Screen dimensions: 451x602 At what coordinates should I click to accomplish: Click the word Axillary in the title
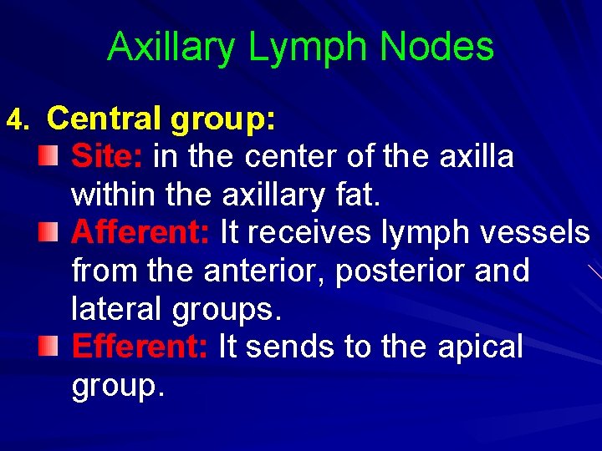click(x=172, y=48)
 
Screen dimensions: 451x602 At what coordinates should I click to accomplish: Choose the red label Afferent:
click(x=140, y=233)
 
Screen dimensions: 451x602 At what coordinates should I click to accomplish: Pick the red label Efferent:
click(x=140, y=347)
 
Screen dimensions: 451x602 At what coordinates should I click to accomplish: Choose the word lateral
click(x=116, y=309)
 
